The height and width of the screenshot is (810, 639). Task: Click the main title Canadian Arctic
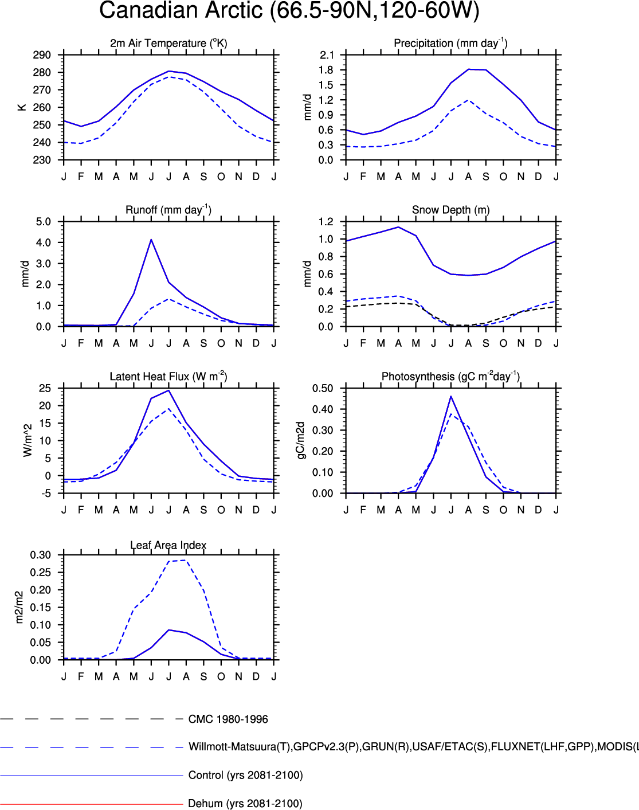click(x=289, y=11)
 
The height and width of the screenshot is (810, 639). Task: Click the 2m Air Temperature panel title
click(x=168, y=43)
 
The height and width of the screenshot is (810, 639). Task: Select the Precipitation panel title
click(x=450, y=43)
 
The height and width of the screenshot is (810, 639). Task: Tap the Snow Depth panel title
click(x=450, y=210)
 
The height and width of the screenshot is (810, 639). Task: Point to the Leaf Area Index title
click(x=168, y=545)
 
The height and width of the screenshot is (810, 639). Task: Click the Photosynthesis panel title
click(x=450, y=377)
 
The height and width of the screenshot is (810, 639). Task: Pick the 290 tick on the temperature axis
click(x=42, y=55)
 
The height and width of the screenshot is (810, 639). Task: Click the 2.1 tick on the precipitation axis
click(x=327, y=55)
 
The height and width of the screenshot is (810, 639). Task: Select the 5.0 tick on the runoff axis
click(x=44, y=222)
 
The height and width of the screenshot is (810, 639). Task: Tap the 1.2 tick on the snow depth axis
click(x=326, y=222)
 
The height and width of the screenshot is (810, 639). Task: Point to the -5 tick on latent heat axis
click(x=45, y=494)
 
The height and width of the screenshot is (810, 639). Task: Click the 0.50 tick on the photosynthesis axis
click(x=323, y=389)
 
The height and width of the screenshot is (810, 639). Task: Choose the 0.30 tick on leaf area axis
click(x=40, y=555)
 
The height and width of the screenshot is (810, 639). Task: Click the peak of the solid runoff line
click(x=151, y=240)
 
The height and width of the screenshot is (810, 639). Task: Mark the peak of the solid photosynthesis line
click(x=451, y=396)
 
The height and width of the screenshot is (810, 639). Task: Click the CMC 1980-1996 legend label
click(x=228, y=719)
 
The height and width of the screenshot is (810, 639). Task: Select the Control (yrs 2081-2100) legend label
click(x=245, y=776)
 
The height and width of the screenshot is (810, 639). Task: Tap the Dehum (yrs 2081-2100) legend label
click(x=245, y=804)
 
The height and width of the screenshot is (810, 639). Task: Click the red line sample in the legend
click(x=92, y=804)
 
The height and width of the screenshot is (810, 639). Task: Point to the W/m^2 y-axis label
click(x=28, y=440)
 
